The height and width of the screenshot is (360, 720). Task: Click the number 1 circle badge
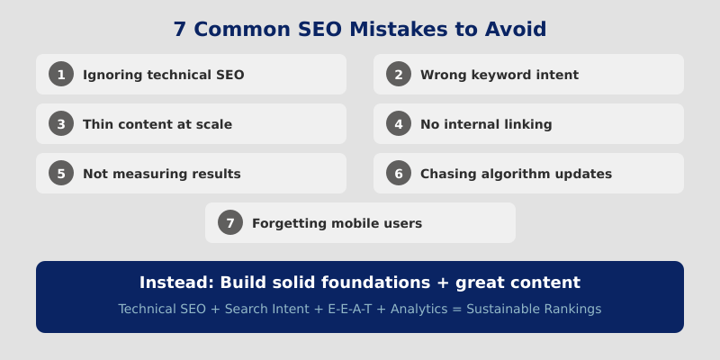[x=61, y=75]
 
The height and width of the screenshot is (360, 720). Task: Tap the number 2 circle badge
[x=399, y=75]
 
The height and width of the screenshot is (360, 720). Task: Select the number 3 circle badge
[x=61, y=124]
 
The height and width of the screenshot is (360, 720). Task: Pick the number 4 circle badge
[x=399, y=124]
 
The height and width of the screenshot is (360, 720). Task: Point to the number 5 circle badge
[x=61, y=174]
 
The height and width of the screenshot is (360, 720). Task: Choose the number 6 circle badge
[x=399, y=174]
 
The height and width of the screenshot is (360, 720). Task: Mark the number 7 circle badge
[x=230, y=223]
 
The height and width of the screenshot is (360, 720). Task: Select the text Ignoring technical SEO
[x=163, y=75]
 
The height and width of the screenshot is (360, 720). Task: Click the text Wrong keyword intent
[x=499, y=75]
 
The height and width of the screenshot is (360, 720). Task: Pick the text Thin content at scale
[x=157, y=124]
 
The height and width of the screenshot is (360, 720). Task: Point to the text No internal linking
[x=486, y=124]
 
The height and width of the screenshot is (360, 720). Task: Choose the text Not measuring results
[x=161, y=174]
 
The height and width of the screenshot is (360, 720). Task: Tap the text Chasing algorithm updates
[x=516, y=174]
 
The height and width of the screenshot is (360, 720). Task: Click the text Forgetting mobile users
[x=337, y=223]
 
